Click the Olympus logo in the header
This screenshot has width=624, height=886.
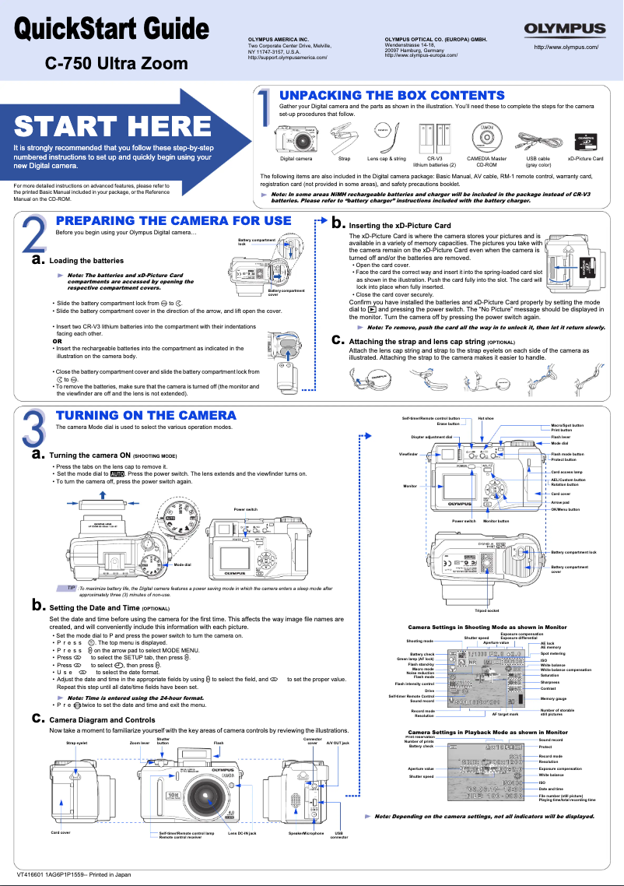click(x=565, y=30)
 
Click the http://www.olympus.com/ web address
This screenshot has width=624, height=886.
click(x=566, y=47)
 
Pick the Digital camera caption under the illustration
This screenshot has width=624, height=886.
click(x=296, y=159)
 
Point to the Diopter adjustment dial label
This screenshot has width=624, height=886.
click(x=432, y=437)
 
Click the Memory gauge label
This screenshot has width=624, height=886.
click(x=554, y=699)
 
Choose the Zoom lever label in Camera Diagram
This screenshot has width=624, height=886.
click(x=139, y=744)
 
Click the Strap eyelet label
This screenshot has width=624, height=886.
click(x=76, y=744)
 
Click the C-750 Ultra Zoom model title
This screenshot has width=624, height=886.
click(x=116, y=63)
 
